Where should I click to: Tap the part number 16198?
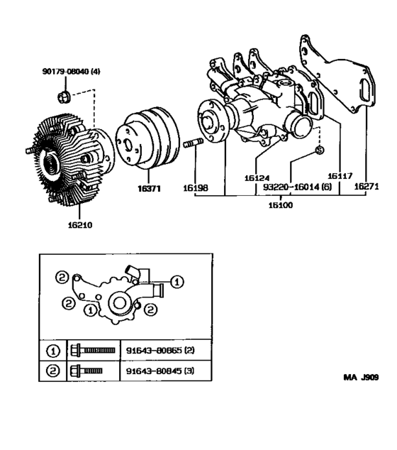pos(196,190)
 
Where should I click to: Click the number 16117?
pos(340,175)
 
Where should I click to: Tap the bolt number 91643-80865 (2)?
pos(157,350)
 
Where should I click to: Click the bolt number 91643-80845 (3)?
pos(157,370)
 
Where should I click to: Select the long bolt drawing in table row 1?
pos(92,350)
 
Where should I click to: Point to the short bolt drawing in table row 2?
pos(86,370)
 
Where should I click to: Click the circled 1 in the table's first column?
pos(52,350)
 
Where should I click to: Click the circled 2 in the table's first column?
pos(52,370)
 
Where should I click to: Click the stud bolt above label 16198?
pos(194,147)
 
